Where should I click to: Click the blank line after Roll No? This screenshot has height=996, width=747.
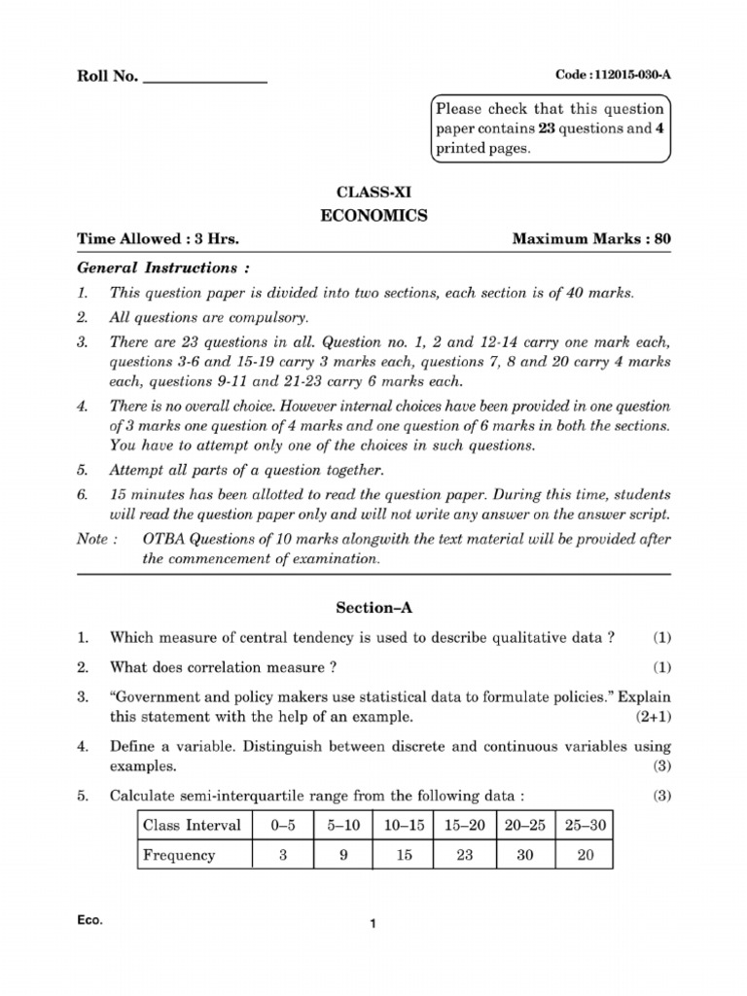[x=205, y=79]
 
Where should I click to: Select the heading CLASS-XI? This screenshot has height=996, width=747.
[x=373, y=193]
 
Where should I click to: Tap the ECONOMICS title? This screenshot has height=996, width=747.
[x=373, y=216]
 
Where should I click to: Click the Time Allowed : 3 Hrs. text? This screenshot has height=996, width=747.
[x=158, y=239]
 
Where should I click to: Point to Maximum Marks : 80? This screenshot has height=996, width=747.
[x=591, y=239]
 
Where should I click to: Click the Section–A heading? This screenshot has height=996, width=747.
[x=374, y=608]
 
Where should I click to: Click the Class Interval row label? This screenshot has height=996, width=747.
[x=192, y=826]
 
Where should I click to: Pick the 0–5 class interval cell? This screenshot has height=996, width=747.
[x=283, y=826]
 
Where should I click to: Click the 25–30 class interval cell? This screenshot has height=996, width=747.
[x=585, y=826]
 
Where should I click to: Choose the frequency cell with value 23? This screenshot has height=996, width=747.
[x=464, y=855]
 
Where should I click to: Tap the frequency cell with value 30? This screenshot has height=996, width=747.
[x=524, y=855]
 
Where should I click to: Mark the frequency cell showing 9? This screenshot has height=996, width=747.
[x=344, y=855]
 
